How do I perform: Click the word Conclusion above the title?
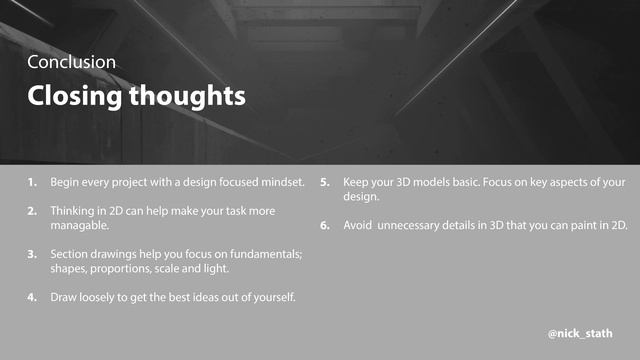71,62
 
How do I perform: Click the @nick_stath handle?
580,332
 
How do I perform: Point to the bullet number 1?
33,182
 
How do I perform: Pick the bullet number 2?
33,211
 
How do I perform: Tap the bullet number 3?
33,254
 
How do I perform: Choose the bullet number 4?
33,297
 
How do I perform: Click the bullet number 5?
326,182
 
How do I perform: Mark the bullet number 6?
326,225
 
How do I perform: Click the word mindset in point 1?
279,182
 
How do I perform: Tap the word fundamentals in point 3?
268,254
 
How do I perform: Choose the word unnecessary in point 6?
411,225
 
